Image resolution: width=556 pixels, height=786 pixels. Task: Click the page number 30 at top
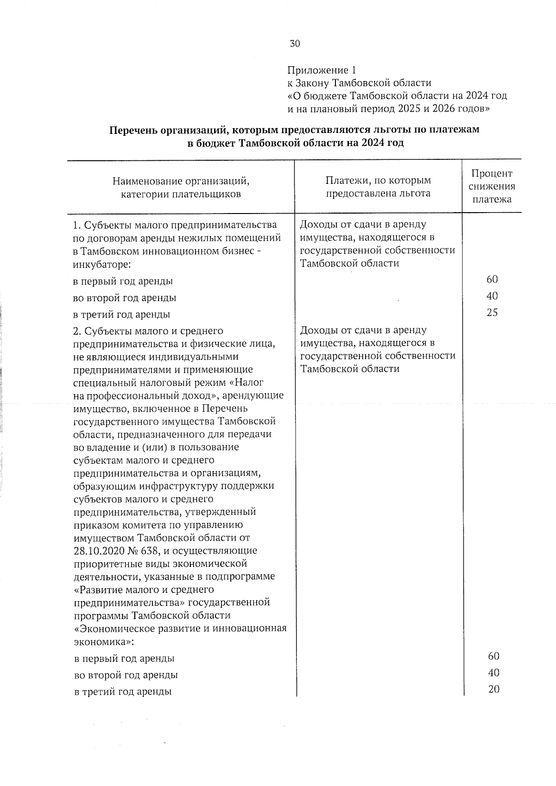coord(295,44)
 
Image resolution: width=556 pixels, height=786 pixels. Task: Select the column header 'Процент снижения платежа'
coord(492,186)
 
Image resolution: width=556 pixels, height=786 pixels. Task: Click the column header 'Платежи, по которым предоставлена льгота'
coord(378,187)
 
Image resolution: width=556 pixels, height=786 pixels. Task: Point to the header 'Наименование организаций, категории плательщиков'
coord(181,187)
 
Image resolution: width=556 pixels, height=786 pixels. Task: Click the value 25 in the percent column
coord(492,313)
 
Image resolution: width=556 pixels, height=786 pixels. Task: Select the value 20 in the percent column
coord(493,689)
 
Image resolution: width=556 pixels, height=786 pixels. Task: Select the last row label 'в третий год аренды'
coord(123,692)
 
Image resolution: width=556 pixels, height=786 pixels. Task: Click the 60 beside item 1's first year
coord(492,279)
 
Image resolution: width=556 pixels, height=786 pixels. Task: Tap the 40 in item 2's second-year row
coord(493,673)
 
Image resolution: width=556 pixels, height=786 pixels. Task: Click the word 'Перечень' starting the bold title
coord(133,130)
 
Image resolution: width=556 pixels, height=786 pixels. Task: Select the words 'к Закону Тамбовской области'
coord(359,83)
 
